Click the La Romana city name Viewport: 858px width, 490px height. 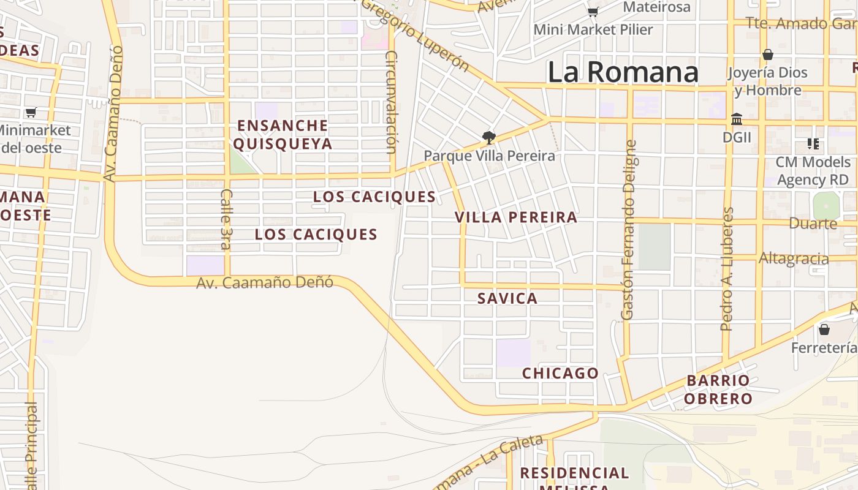(623, 72)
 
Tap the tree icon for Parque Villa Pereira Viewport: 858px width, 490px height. (488, 138)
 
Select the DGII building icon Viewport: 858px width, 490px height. (737, 119)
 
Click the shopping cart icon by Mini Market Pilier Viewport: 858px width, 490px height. (593, 12)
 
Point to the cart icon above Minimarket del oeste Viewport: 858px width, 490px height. (31, 112)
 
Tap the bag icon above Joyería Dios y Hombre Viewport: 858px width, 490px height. (767, 55)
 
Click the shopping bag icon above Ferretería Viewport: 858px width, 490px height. (824, 330)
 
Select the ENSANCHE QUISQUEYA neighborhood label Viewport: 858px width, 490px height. (283, 135)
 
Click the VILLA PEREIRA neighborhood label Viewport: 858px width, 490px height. (516, 217)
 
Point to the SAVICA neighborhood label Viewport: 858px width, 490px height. (507, 298)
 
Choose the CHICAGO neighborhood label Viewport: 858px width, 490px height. (560, 373)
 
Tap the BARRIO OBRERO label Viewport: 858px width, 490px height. (718, 390)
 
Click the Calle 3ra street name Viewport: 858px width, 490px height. (226, 219)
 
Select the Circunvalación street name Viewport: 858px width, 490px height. (391, 102)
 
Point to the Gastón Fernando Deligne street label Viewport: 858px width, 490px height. (628, 230)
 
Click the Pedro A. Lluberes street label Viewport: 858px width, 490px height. (727, 269)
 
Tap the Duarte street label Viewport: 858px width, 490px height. (813, 224)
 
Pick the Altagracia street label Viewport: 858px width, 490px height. (794, 258)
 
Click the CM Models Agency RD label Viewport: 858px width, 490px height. (813, 171)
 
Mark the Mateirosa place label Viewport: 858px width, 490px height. (656, 7)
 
